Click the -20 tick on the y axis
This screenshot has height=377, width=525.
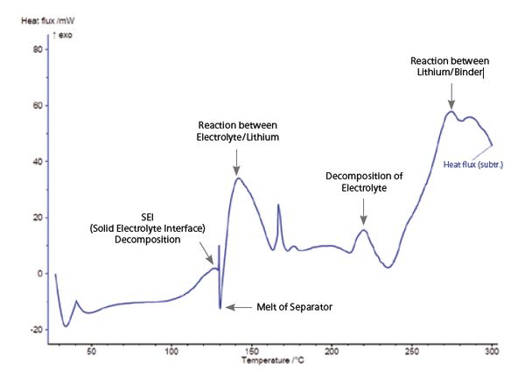(x=36, y=329)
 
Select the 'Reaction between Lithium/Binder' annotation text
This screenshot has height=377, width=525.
(x=450, y=66)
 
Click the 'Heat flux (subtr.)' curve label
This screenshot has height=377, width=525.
(x=472, y=163)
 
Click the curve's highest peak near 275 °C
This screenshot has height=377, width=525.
(x=451, y=111)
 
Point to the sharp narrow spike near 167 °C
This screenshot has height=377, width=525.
(x=278, y=206)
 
